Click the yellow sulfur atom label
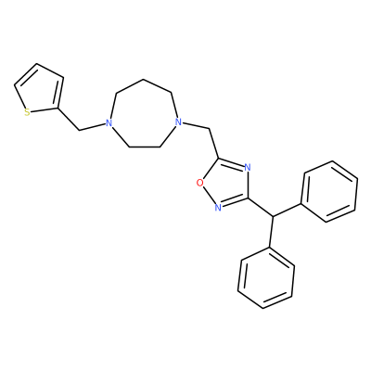27,112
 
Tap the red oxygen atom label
200,184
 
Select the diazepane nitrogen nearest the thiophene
108,122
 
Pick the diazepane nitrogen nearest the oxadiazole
177,122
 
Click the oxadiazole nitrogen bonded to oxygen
218,208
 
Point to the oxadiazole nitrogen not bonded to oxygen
247,168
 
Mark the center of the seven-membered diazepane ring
143,116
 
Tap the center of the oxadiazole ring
226,185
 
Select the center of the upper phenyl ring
329,191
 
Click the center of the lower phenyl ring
266,277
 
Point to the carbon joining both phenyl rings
273,216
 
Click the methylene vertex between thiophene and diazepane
80,130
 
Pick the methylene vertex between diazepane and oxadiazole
210,129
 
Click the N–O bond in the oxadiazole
210,196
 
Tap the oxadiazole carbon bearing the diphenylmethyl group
248,197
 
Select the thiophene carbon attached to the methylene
58,109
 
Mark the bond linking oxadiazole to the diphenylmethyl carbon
260,207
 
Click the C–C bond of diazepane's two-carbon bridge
145,147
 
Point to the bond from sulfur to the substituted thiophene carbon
45,110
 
